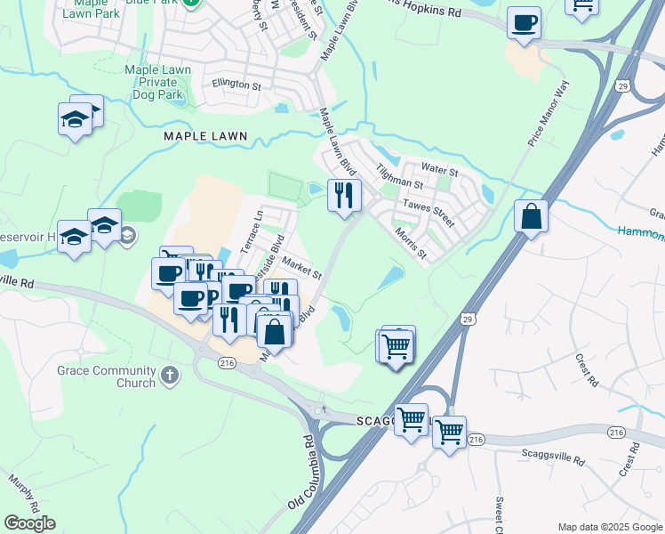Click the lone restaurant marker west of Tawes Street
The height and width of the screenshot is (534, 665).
(x=344, y=195)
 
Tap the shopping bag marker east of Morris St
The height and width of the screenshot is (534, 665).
(x=531, y=216)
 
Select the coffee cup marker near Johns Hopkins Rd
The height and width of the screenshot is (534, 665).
(x=525, y=22)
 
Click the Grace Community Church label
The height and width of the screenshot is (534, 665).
(x=117, y=376)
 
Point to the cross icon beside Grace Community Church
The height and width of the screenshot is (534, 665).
(x=171, y=375)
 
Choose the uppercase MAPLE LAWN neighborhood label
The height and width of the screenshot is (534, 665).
(x=204, y=137)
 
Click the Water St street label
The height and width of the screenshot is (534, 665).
(x=439, y=169)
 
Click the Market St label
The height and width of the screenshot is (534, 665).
(x=302, y=268)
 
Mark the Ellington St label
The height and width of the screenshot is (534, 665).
(x=236, y=85)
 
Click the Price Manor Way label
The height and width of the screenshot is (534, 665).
(x=548, y=112)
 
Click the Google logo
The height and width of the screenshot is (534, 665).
(x=29, y=522)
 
